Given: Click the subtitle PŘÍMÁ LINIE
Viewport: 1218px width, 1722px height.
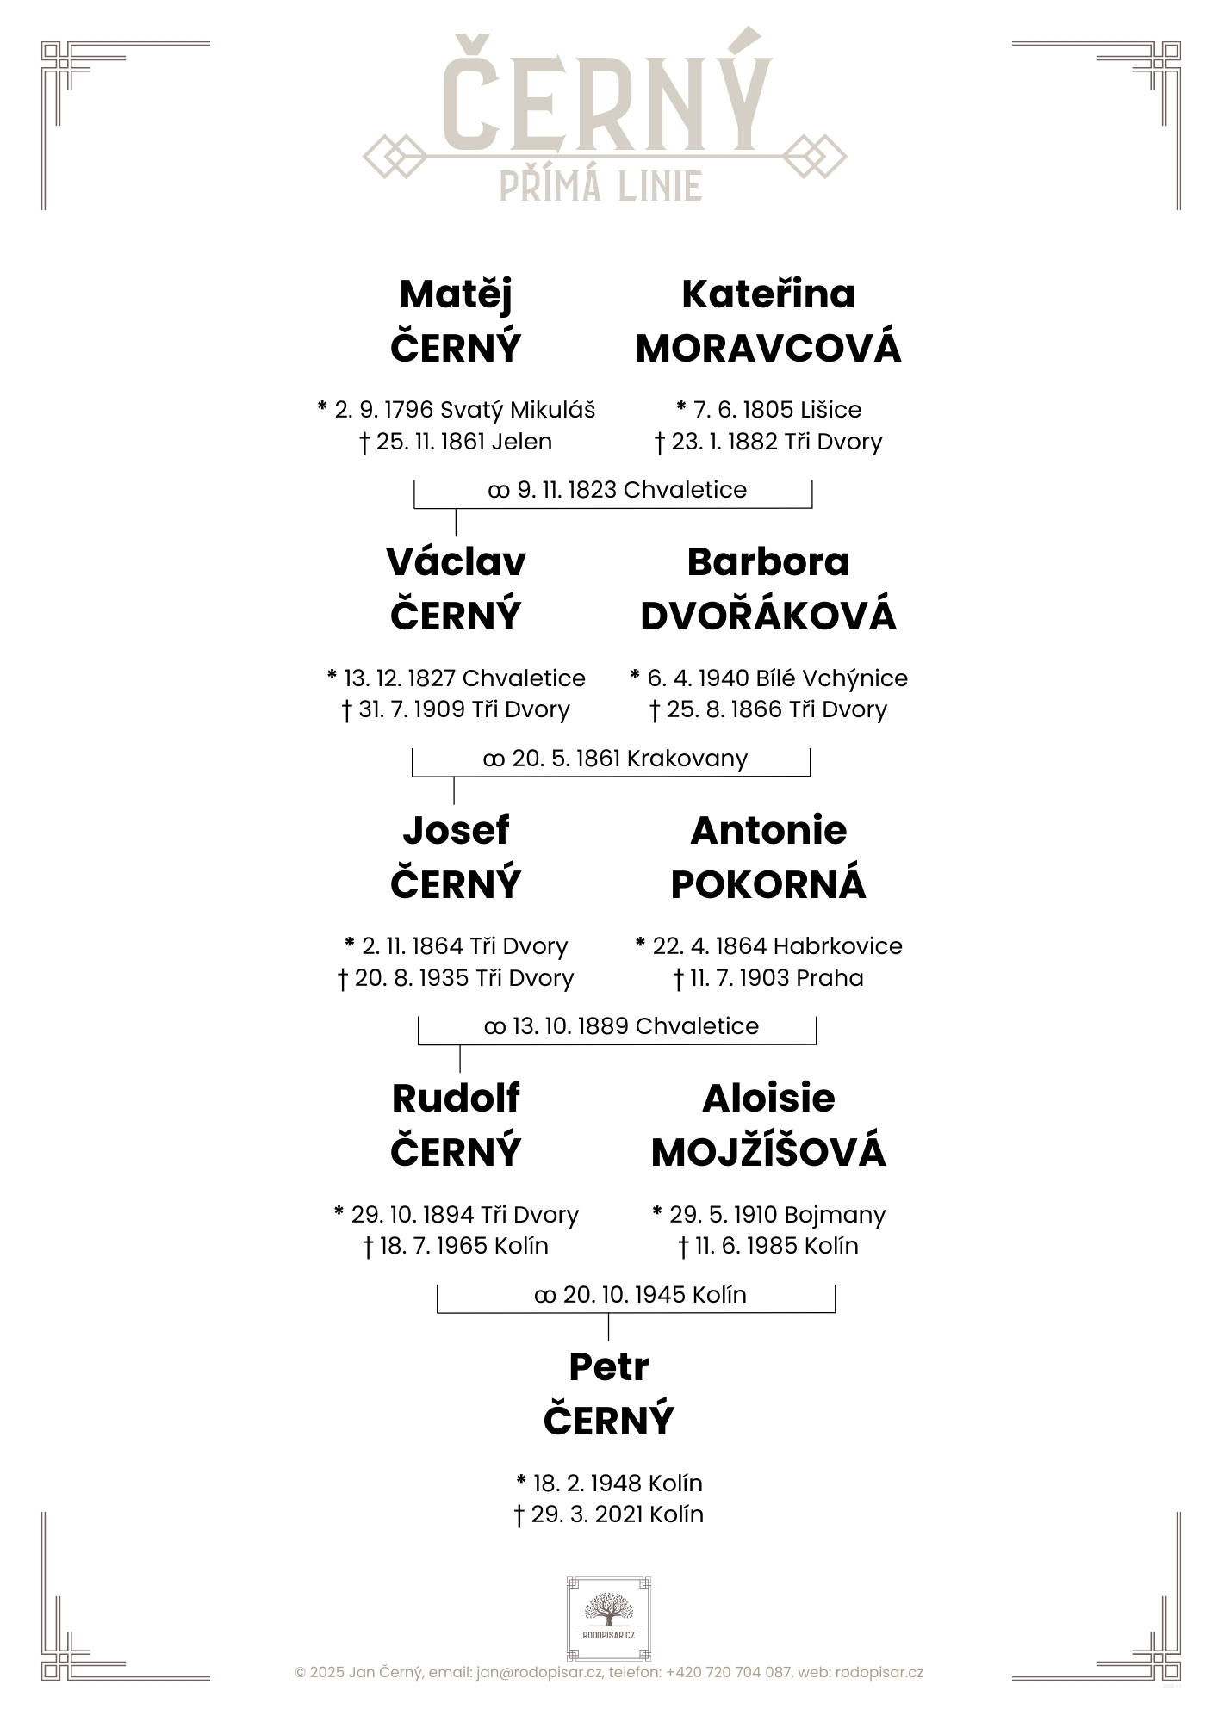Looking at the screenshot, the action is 601,185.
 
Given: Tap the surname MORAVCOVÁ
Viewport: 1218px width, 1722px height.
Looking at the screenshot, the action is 768,348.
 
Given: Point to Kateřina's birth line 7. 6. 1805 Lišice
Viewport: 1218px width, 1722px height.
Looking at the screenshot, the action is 768,410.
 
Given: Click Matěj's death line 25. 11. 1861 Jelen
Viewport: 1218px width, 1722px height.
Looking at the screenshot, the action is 456,442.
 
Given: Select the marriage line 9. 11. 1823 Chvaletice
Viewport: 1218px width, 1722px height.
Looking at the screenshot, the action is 617,490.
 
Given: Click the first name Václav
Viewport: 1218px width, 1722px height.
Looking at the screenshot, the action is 456,562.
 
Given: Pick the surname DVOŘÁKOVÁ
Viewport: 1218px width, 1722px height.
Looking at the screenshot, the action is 768,616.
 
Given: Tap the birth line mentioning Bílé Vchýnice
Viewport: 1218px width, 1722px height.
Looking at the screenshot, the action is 768,678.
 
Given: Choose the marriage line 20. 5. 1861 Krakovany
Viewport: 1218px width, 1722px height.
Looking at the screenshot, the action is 615,759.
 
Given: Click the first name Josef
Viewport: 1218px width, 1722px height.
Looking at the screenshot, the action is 456,831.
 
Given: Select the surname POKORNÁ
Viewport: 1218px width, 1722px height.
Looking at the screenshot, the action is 768,884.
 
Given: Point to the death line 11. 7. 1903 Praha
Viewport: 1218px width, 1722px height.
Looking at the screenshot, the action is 768,978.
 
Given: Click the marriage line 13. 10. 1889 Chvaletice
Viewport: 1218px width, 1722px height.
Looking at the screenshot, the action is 621,1026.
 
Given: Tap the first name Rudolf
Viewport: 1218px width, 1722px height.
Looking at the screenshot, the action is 456,1099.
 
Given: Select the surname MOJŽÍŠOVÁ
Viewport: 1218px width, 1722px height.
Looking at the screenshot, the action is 768,1151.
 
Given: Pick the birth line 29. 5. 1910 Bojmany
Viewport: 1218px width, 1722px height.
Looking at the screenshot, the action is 768,1215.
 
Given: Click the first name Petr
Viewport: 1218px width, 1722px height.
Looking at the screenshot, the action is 608,1367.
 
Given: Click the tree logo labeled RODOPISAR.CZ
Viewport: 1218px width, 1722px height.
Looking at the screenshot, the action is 608,1620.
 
